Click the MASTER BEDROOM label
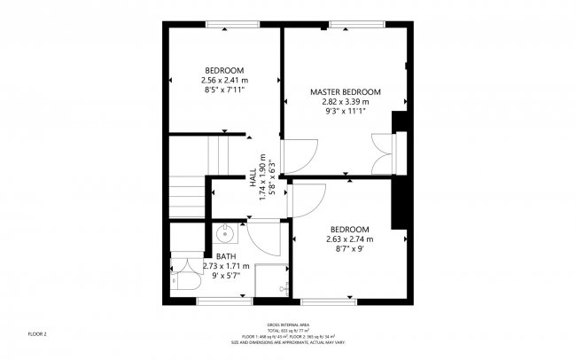[x=345, y=92]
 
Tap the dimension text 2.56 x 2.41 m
[x=224, y=80]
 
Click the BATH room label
[x=226, y=257]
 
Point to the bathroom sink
[x=225, y=235]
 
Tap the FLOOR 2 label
[x=36, y=334]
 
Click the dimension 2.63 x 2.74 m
[x=350, y=239]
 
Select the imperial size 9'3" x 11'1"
[x=345, y=112]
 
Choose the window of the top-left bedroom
[x=225, y=24]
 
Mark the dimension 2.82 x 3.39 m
[x=345, y=102]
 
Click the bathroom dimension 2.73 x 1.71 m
[x=226, y=266]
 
